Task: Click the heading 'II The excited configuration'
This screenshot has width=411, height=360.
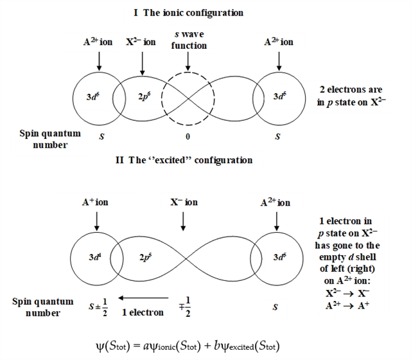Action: pos(184,160)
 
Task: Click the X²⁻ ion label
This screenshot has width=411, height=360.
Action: pos(141,42)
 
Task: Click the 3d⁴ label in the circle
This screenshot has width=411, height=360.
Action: pos(94,256)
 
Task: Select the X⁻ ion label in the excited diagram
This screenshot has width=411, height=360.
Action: pos(184,203)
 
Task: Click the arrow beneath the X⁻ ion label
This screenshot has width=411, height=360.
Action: pos(184,221)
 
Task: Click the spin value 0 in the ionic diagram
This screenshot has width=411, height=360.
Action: pos(187,137)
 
